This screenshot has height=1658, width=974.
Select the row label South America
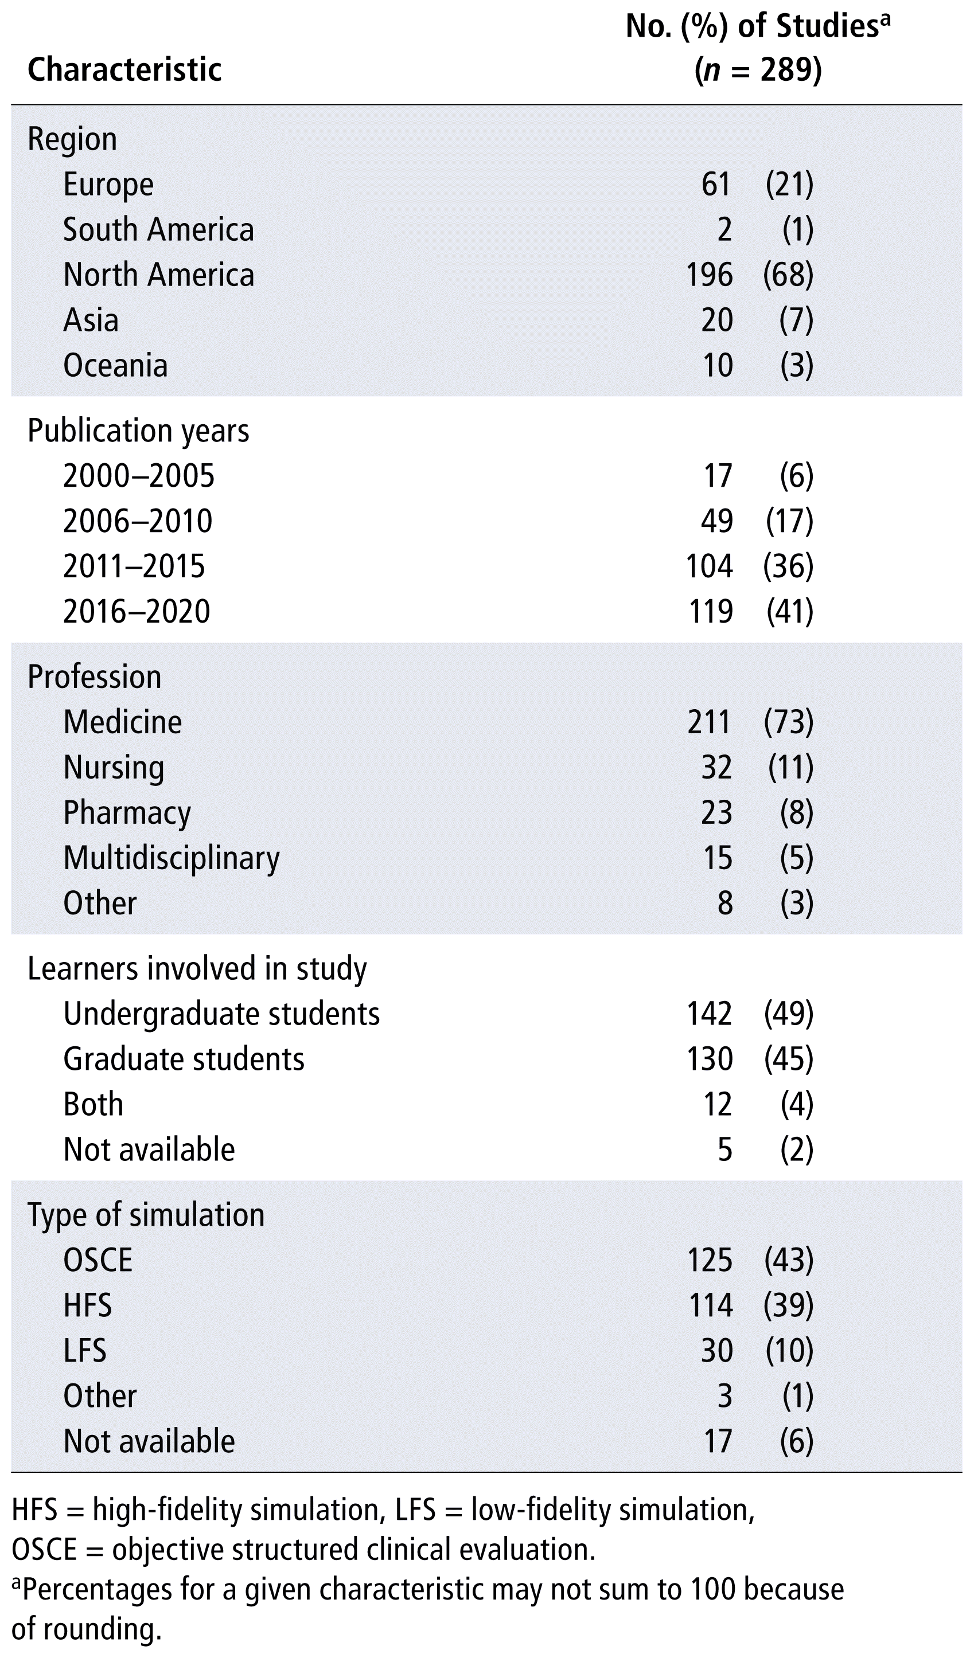(x=158, y=230)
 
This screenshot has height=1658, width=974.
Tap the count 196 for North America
(x=709, y=275)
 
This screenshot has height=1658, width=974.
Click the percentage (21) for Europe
(x=789, y=184)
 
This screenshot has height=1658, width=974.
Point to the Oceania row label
(x=115, y=366)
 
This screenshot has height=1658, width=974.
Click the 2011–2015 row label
(x=134, y=566)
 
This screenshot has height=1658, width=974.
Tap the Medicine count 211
(x=709, y=722)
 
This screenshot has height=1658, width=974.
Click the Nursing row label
(x=114, y=768)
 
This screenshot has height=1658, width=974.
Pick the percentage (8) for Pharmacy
(x=797, y=812)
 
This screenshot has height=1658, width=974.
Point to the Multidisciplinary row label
(x=172, y=859)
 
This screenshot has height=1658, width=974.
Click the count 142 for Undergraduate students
(x=709, y=1015)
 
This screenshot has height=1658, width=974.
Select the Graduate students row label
(x=184, y=1060)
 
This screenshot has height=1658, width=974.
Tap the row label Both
(x=93, y=1105)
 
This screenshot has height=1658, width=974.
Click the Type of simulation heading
(x=146, y=1215)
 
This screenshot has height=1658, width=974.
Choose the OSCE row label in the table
(x=98, y=1261)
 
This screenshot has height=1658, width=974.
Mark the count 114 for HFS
(x=709, y=1305)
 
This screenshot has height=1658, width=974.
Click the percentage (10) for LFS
(x=789, y=1351)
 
